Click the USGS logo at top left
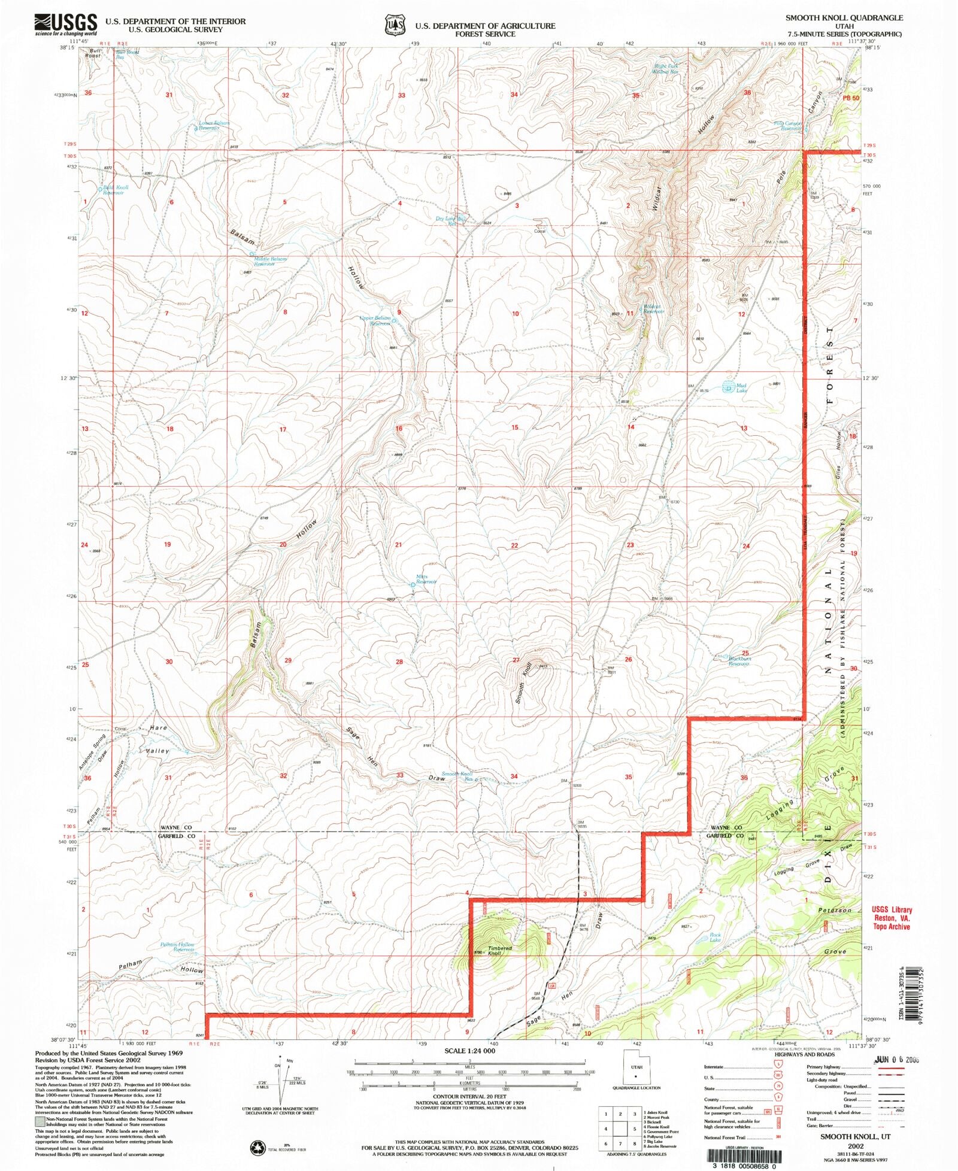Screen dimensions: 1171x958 click(66, 25)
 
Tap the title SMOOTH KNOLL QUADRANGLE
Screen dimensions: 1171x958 click(844, 19)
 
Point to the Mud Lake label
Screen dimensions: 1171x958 click(741, 388)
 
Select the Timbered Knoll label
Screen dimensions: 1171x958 click(499, 950)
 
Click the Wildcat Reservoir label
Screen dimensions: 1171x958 click(652, 309)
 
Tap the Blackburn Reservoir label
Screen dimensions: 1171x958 click(739, 661)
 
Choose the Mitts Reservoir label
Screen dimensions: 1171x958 click(426, 579)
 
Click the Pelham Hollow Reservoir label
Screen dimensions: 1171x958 click(177, 947)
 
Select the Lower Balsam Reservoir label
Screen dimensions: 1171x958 click(214, 125)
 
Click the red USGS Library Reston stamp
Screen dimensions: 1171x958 click(892, 918)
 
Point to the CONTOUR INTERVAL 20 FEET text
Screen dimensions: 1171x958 click(469, 1096)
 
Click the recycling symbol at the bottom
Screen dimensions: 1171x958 click(257, 1147)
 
